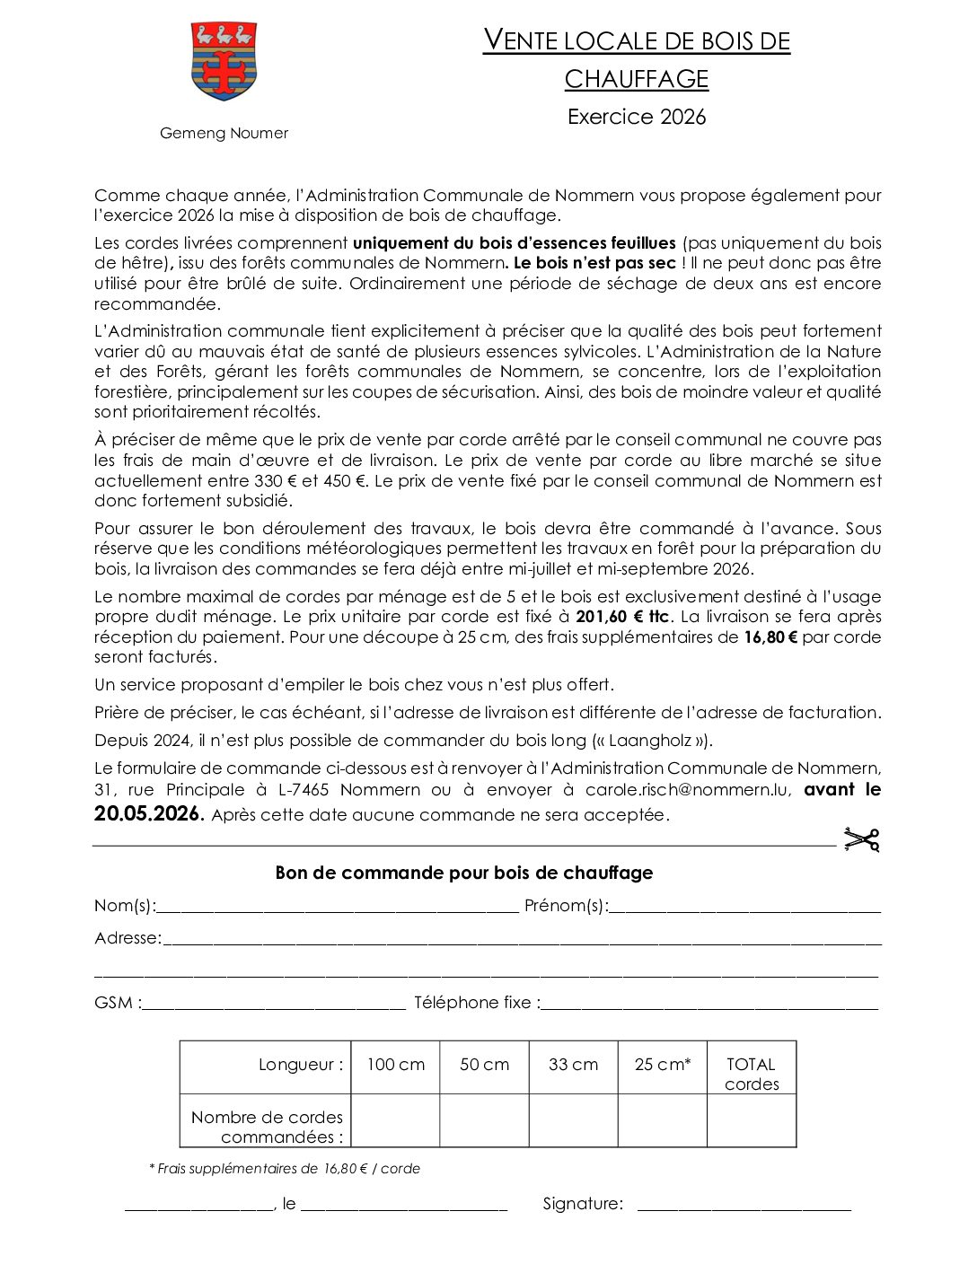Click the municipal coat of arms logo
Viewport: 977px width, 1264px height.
pos(224,61)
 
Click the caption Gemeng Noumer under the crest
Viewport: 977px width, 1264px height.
pos(224,133)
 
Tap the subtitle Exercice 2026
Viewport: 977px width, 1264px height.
pos(636,117)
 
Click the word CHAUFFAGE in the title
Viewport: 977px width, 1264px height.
pos(636,79)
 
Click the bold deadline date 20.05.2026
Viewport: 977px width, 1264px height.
pos(149,814)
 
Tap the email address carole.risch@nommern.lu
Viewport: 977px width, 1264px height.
pos(688,790)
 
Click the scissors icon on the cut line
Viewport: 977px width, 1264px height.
pos(861,839)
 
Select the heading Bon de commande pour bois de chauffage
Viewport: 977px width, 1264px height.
pos(463,873)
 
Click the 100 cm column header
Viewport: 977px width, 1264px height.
pos(395,1065)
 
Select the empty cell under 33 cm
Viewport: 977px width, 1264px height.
pos(573,1120)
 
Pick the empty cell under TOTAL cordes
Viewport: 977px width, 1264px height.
pos(752,1120)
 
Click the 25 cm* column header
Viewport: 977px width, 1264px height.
pos(663,1065)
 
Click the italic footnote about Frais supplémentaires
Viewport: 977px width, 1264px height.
pos(284,1169)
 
